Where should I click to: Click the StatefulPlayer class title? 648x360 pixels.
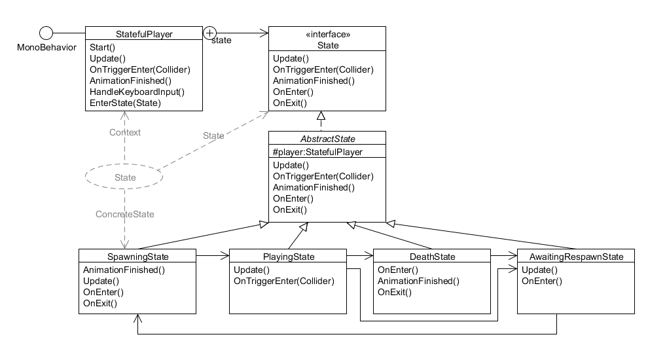(x=143, y=34)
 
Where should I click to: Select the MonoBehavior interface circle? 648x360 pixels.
(x=46, y=33)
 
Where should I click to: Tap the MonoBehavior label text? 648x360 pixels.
(x=46, y=47)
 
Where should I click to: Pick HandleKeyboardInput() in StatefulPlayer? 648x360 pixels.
(x=137, y=92)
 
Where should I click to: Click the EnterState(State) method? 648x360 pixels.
(x=125, y=103)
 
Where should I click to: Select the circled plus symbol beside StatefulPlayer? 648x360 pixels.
(x=209, y=32)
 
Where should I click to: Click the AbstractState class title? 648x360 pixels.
(x=327, y=138)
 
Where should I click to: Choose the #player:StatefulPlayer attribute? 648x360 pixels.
(x=317, y=152)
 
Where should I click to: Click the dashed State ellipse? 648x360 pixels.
(x=124, y=177)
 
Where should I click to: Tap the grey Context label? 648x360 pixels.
(x=125, y=132)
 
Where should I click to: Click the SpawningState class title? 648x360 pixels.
(x=137, y=256)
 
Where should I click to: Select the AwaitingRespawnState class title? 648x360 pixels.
(x=576, y=256)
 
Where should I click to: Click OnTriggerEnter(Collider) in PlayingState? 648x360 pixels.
(x=283, y=281)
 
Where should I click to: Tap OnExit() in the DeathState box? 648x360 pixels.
(x=395, y=293)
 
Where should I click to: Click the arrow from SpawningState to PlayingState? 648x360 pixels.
(x=213, y=256)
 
